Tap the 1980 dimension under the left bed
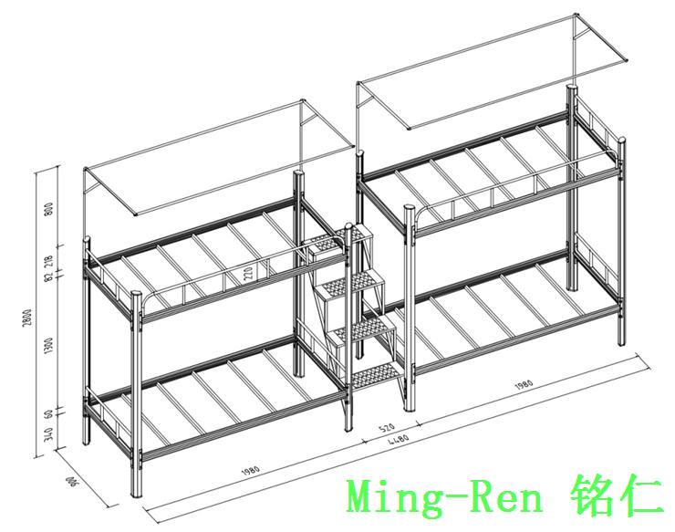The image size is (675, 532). [252, 470]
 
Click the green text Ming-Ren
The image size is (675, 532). [445, 497]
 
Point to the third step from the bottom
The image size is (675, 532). [350, 280]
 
